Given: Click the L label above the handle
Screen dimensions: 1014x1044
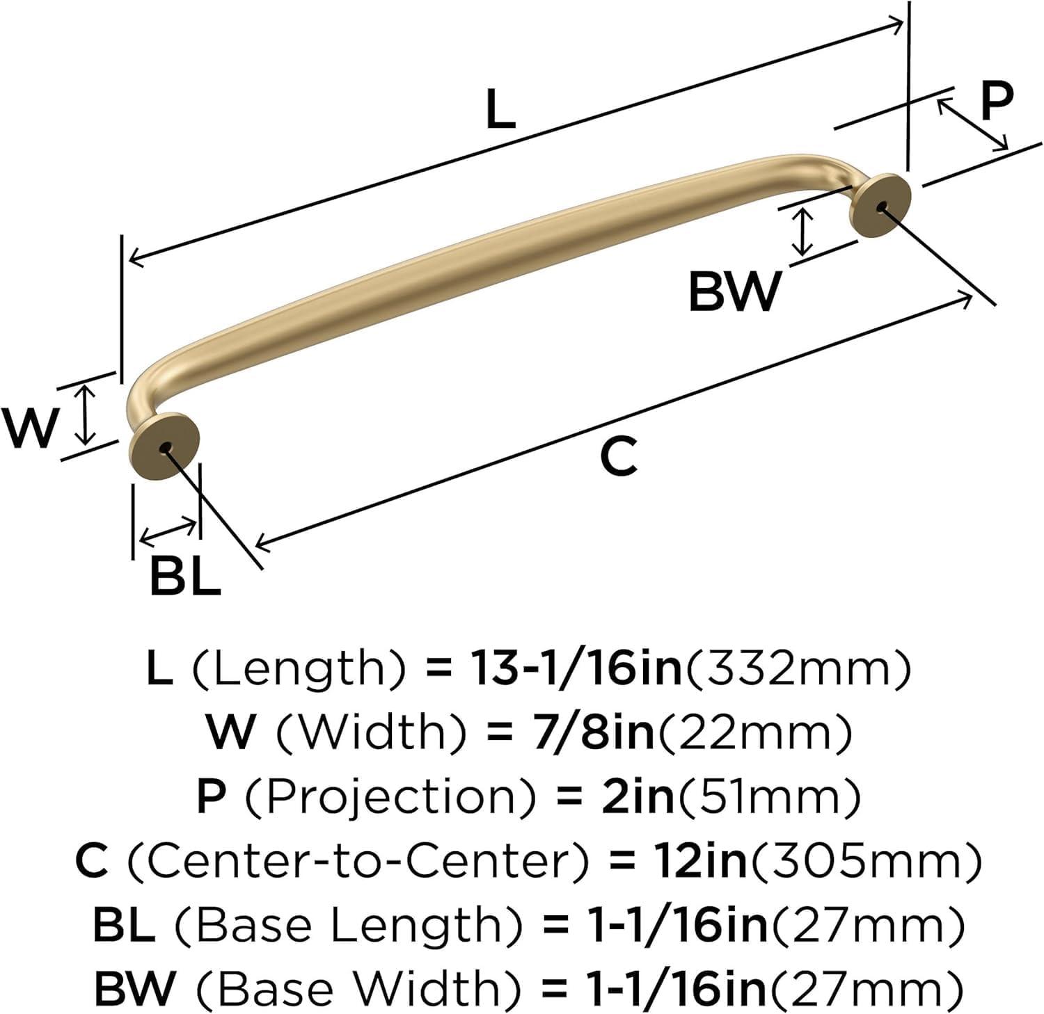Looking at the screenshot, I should [500, 111].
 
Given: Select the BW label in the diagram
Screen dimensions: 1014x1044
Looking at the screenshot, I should [734, 291].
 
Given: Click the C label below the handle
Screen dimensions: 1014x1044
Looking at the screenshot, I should [619, 456].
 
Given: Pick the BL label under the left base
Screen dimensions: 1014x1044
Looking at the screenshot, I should [185, 577].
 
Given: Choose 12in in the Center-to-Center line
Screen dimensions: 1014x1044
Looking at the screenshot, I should [699, 861].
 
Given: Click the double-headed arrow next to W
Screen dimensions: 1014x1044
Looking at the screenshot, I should [85, 415].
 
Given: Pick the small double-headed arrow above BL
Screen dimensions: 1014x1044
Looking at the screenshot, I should [168, 531].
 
